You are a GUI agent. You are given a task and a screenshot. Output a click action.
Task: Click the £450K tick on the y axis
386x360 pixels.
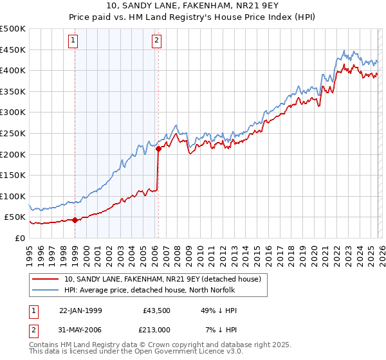pos(13,50)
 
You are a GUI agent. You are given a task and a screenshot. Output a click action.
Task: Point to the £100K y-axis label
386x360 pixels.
pos(13,196)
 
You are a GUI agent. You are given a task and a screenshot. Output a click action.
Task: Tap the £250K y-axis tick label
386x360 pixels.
pos(13,133)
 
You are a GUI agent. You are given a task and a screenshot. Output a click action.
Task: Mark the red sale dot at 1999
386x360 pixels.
pos(75,220)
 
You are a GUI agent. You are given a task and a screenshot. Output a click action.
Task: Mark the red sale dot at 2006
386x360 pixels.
pos(158,149)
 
